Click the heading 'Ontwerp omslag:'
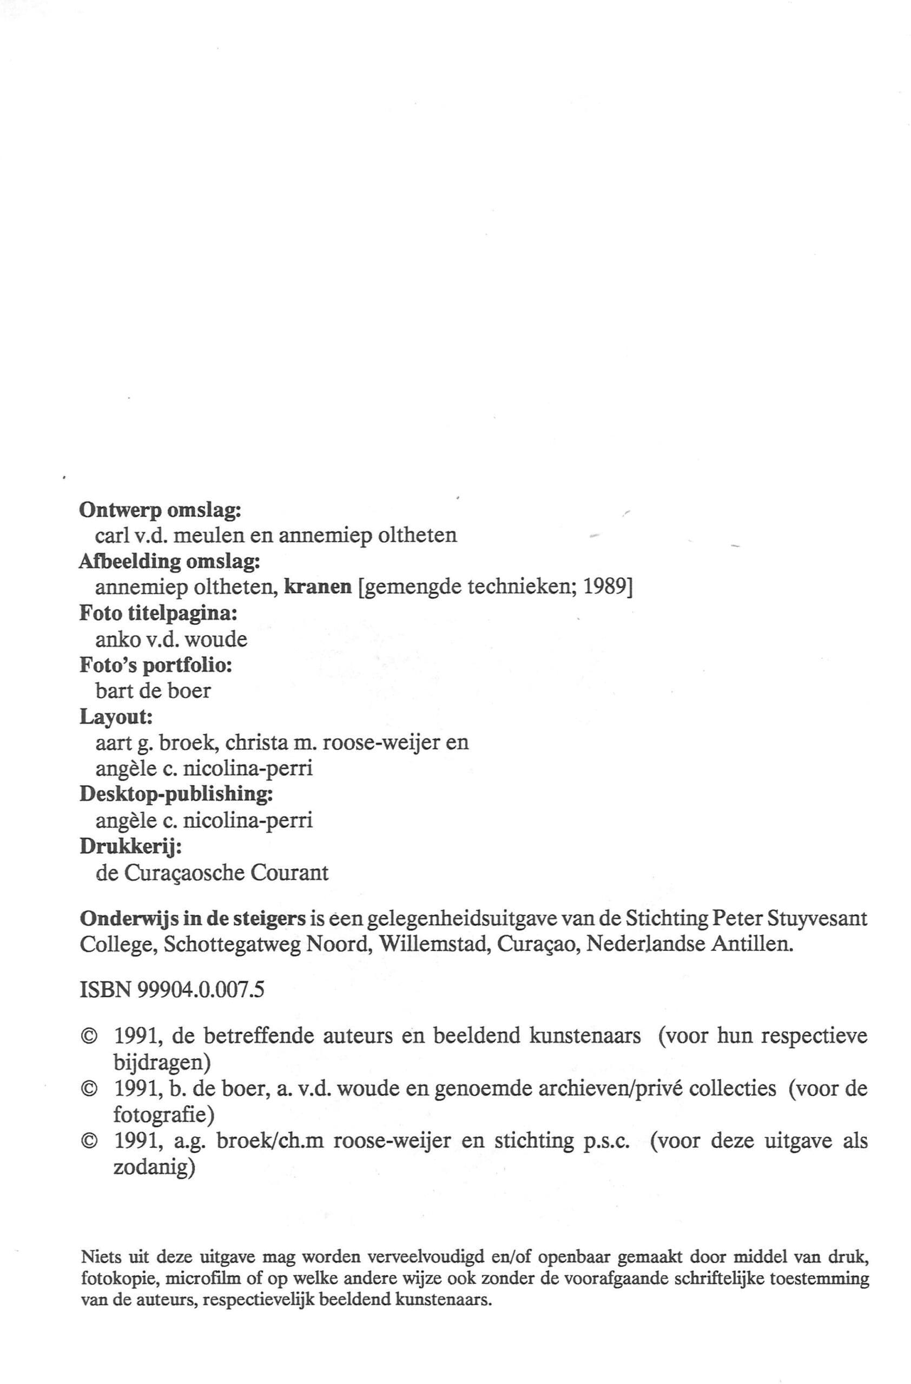pos(160,510)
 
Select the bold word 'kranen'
pos(318,587)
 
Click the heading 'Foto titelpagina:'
pos(158,613)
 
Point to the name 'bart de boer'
pos(153,690)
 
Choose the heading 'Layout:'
pos(116,717)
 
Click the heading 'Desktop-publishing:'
pos(176,794)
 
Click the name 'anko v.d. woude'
pos(171,640)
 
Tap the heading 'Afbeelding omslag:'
pos(169,562)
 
